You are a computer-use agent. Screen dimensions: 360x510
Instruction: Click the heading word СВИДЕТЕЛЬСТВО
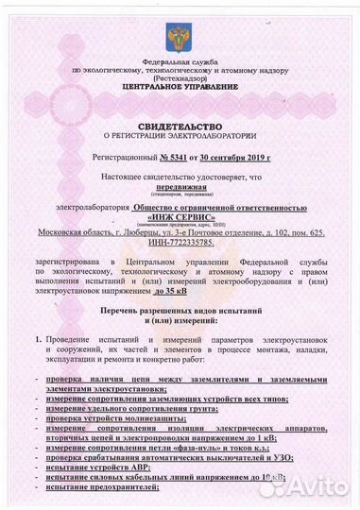[180, 125]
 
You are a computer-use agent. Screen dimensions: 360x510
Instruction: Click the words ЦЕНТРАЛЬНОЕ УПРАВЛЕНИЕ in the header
[179, 88]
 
